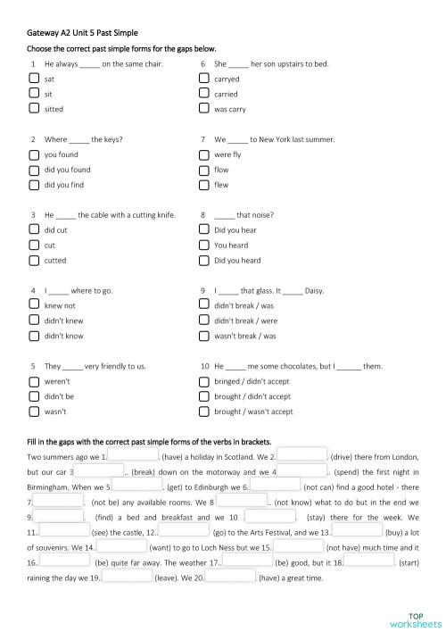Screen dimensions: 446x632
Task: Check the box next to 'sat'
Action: tap(33, 79)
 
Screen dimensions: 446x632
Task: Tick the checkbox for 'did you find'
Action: tap(33, 185)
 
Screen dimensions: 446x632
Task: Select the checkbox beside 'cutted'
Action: tap(33, 261)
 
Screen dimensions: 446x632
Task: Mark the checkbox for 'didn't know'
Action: tap(33, 336)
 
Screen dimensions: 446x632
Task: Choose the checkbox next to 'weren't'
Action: tap(33, 381)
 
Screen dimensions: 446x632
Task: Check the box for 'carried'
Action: tap(203, 94)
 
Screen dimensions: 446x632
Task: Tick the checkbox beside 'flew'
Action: tap(203, 185)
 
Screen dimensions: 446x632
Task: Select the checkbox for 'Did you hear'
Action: tap(203, 230)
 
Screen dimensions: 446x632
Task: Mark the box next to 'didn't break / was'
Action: tap(203, 305)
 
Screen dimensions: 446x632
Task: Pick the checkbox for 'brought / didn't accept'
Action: tap(203, 396)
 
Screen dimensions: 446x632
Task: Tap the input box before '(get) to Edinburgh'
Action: tap(137, 486)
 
